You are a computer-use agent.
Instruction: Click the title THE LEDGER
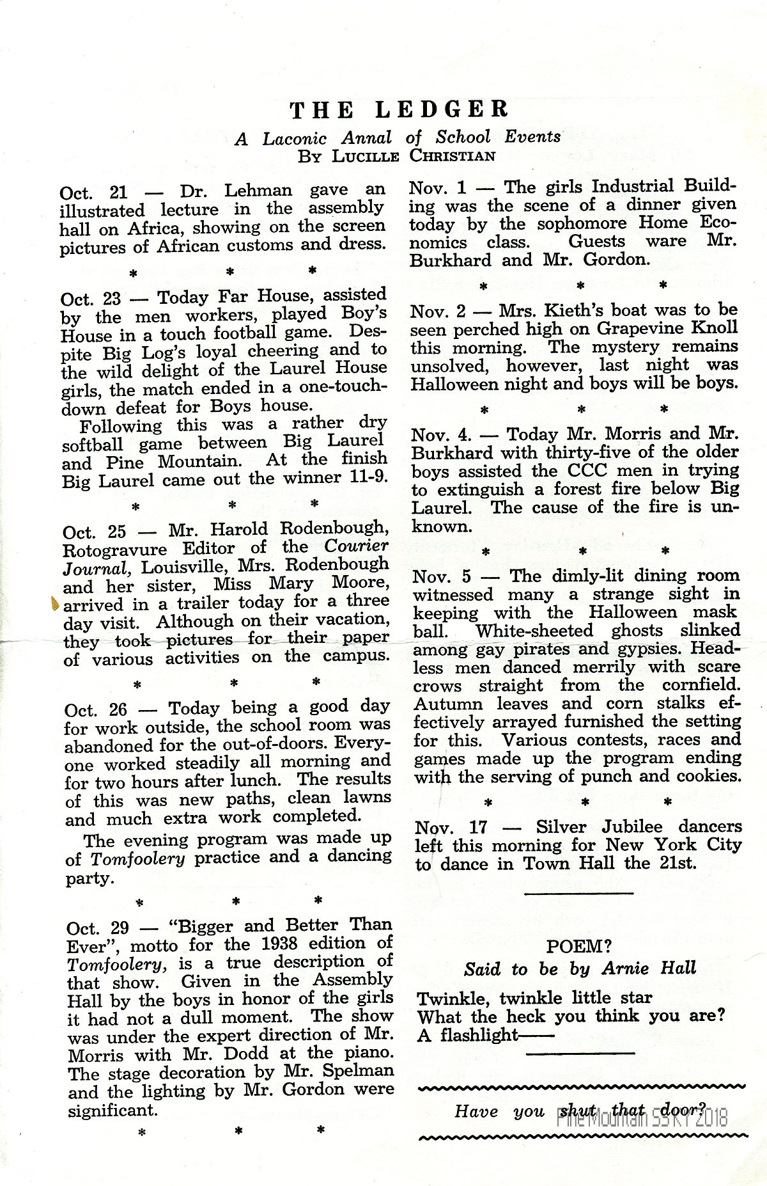[x=399, y=109]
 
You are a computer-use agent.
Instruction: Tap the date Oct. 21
[x=94, y=191]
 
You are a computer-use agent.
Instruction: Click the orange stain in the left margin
[x=54, y=603]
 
